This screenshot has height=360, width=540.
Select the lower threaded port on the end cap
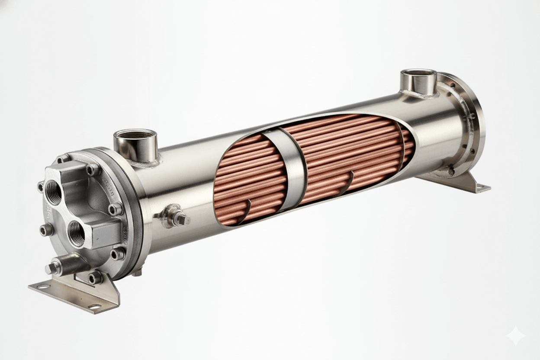pyautogui.click(x=76, y=234)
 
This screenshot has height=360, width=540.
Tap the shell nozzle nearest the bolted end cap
pyautogui.click(x=135, y=145)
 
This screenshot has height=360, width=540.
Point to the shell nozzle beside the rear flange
pyautogui.click(x=418, y=81)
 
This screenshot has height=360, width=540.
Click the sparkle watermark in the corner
pyautogui.click(x=516, y=336)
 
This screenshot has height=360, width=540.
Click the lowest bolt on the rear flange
pyautogui.click(x=451, y=171)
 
